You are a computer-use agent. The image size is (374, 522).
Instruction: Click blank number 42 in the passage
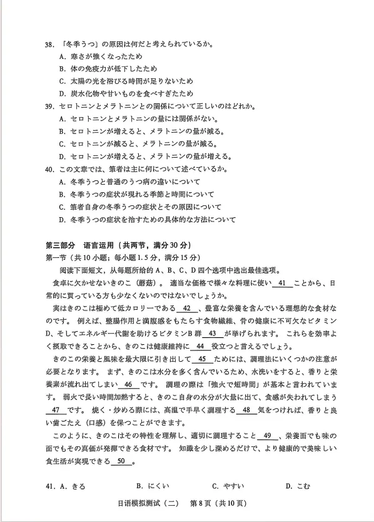point(186,308)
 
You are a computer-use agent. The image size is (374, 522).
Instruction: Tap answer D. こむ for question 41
point(299,486)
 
